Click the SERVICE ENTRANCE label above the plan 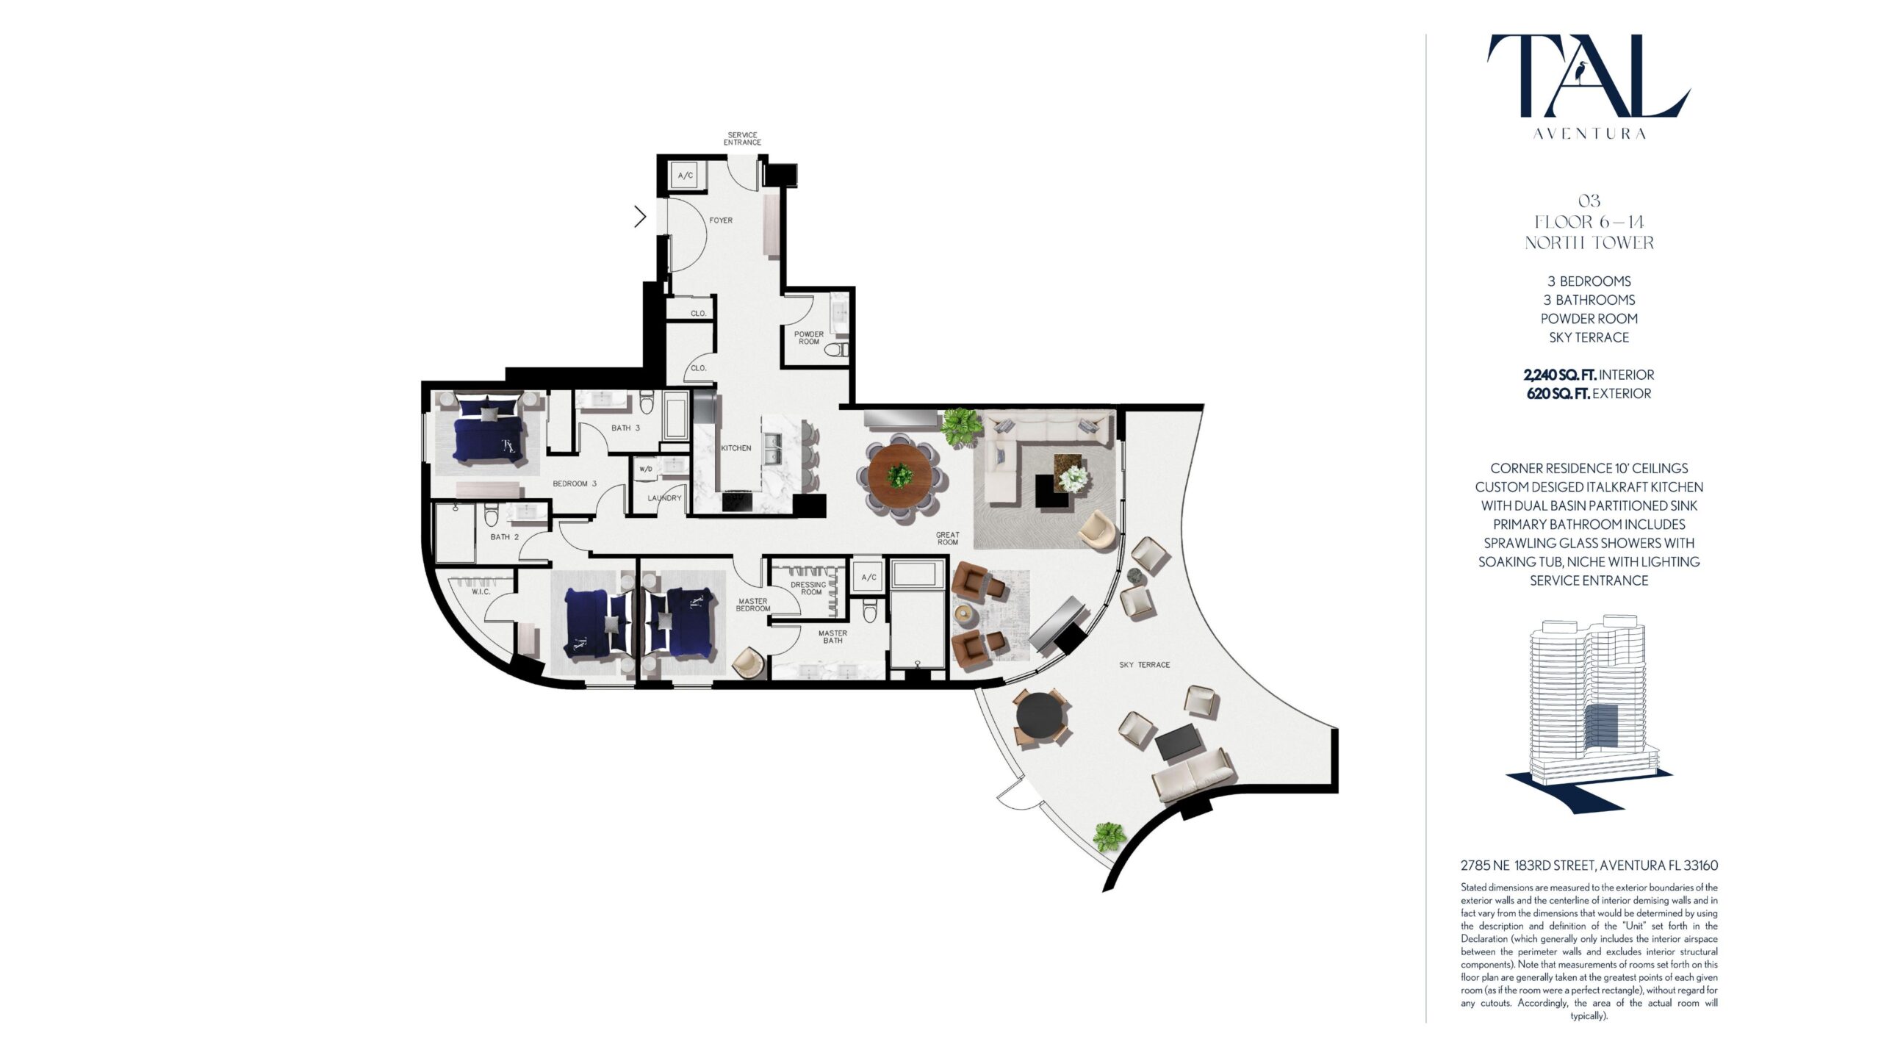[x=742, y=139]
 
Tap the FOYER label [x=721, y=220]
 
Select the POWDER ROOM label [x=808, y=338]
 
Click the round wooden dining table [x=900, y=476]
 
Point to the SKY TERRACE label [x=1145, y=665]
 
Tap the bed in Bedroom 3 [x=486, y=429]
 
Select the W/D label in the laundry [x=646, y=469]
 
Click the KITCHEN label [x=736, y=448]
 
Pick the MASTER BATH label [x=832, y=637]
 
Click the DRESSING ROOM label [x=808, y=589]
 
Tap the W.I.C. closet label [x=481, y=592]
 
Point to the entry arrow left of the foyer [x=640, y=217]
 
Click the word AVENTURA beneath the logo [x=1589, y=134]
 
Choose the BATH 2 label [x=505, y=537]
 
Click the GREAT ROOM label [x=948, y=539]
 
